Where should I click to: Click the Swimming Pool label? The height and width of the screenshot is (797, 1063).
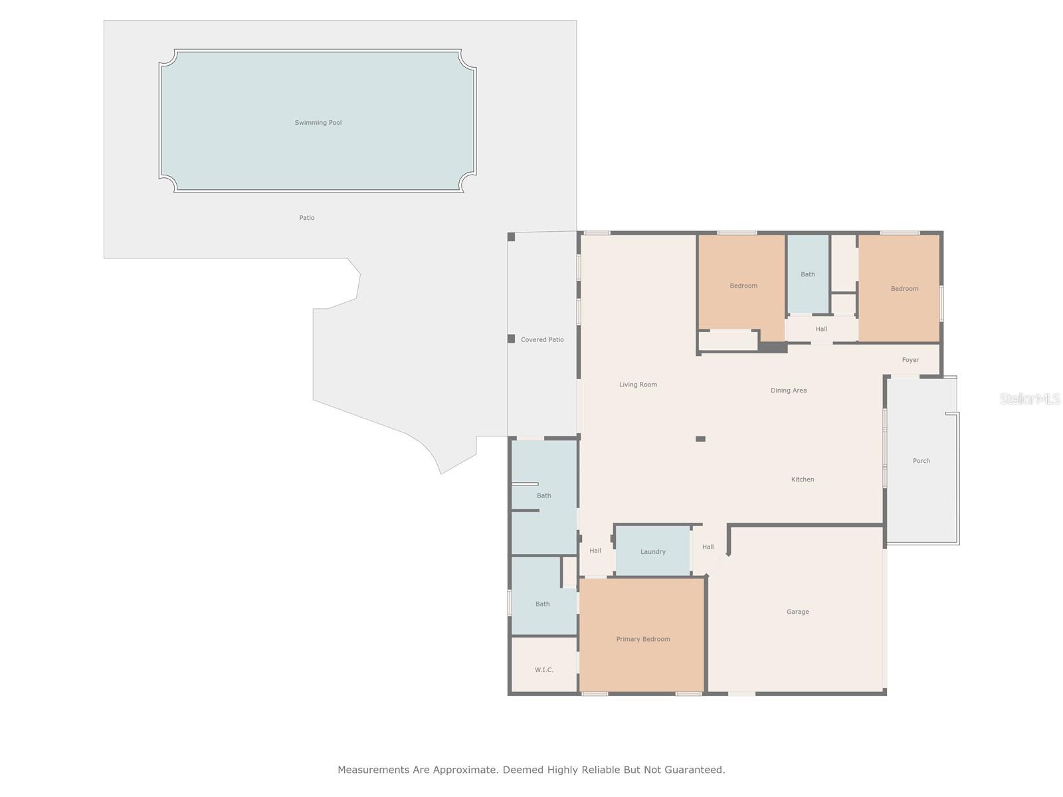(318, 123)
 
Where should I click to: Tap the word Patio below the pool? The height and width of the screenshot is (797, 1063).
(306, 218)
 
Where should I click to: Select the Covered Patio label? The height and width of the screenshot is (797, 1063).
(542, 340)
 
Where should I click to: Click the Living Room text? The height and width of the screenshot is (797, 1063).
(638, 385)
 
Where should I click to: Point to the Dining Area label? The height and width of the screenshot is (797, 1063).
(789, 391)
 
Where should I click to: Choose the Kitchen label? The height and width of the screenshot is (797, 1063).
(803, 480)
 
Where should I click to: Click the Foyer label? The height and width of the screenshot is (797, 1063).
(910, 360)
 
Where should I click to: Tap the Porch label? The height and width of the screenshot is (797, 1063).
(921, 461)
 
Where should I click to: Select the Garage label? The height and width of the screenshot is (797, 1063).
(797, 612)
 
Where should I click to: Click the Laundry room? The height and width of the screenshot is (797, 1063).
(652, 552)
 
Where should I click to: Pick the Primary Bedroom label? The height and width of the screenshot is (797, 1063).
(642, 639)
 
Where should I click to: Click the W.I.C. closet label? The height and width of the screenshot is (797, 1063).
(543, 670)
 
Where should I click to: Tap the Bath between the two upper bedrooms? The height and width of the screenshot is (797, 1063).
(807, 274)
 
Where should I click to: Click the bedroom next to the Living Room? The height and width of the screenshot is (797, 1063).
(743, 286)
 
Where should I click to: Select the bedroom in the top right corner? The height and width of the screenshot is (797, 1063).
(904, 289)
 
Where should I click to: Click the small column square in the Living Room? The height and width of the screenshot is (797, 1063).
(700, 439)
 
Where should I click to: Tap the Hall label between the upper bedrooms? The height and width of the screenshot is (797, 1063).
(821, 329)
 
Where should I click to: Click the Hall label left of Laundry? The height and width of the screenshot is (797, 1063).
(595, 551)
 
